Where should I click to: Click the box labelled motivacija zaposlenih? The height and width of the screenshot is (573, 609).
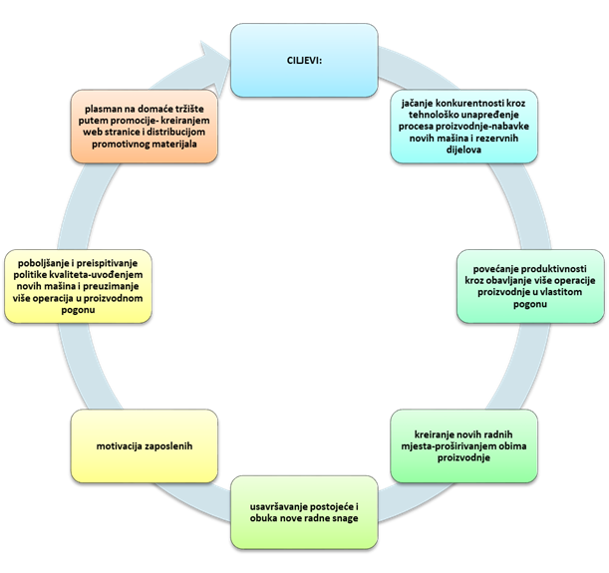coord(145,445)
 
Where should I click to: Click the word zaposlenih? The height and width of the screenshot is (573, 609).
coord(174,445)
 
